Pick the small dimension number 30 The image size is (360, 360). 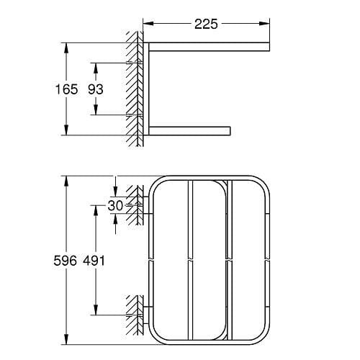(115, 205)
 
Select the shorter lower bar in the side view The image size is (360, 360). (191, 130)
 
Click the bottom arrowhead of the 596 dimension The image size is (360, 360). (66, 341)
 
